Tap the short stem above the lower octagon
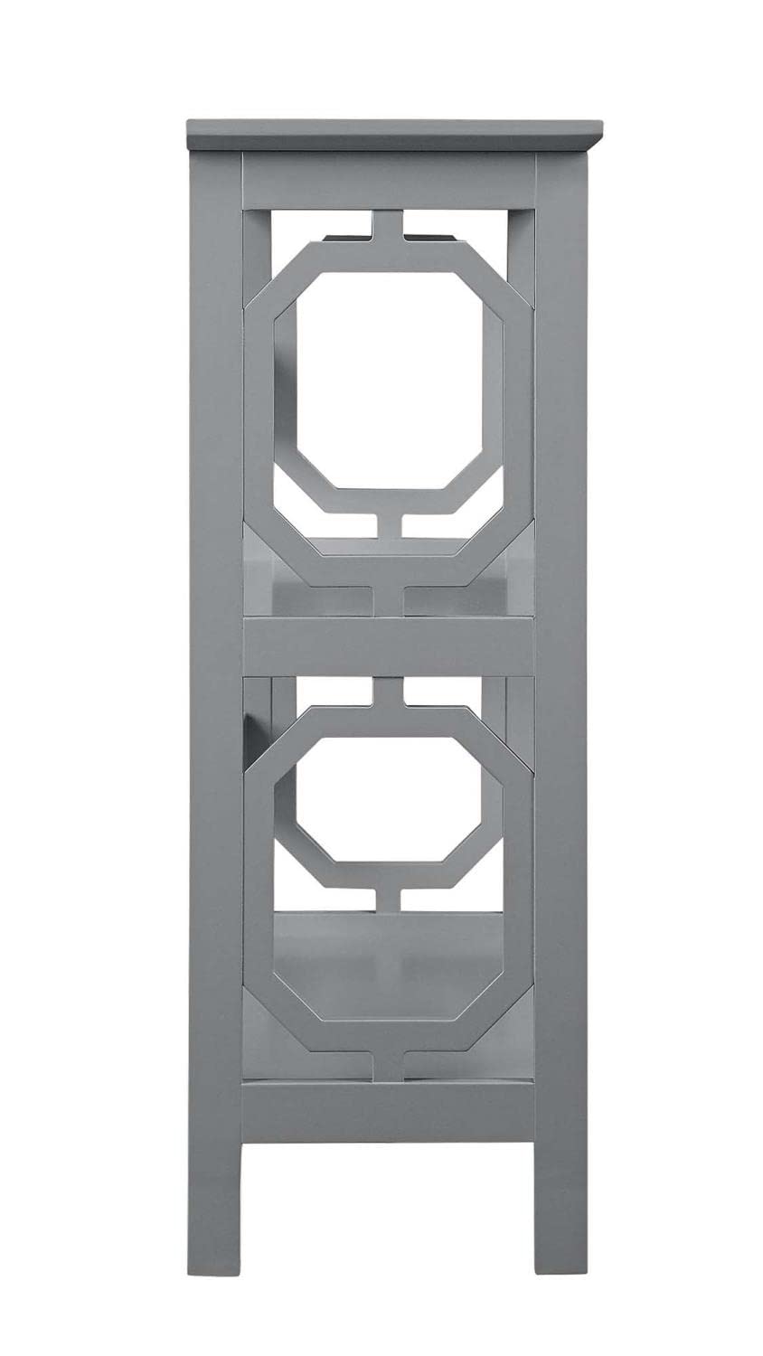point(390,692)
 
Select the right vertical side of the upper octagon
point(518,398)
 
